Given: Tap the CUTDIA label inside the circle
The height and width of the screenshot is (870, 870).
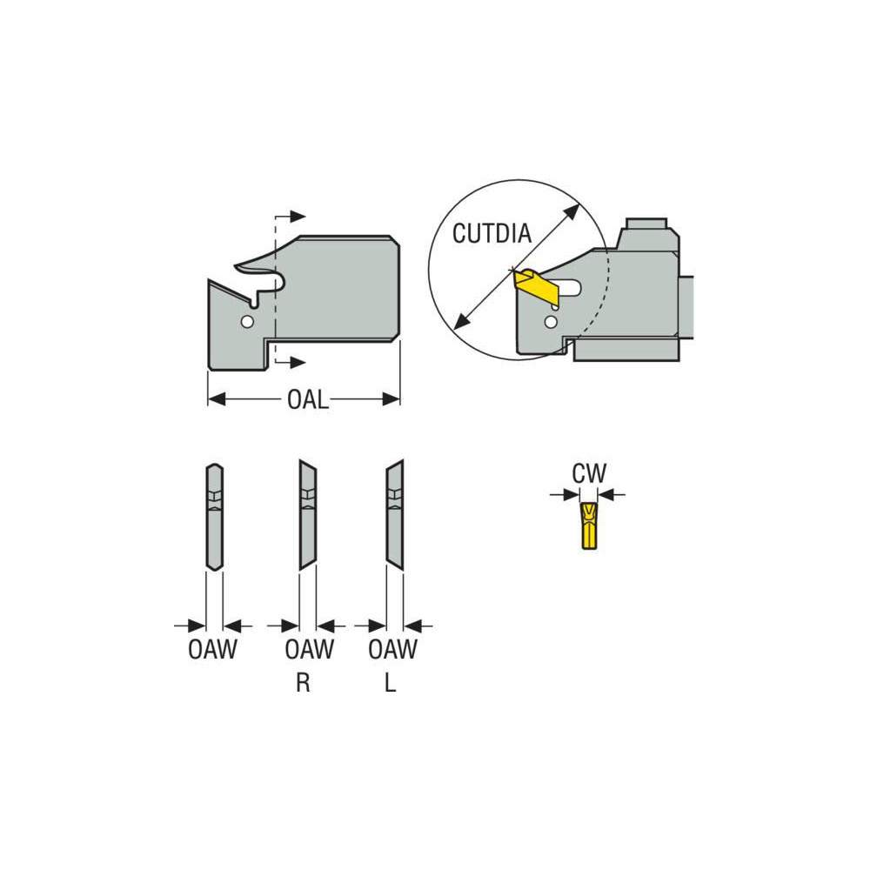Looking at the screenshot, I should coord(492,232).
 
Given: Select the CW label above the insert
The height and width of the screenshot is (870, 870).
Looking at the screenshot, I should coord(589,474).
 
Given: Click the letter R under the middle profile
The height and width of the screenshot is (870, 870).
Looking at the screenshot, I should coord(303,683).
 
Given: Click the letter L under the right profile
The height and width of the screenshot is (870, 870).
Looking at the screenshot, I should coord(391,683).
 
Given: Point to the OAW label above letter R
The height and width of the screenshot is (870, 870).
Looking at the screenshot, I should coord(309,650).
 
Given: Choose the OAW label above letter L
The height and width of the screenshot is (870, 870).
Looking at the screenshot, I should coord(392,650).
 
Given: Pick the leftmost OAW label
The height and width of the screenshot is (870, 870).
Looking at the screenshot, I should coord(212,650).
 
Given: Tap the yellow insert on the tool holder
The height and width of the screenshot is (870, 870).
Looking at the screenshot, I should coord(538,286).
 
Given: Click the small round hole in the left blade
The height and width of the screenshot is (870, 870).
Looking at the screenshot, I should coord(248,322).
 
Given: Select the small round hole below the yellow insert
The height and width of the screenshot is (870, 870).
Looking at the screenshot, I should coord(549,323).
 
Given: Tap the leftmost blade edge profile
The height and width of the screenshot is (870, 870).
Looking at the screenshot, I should coord(214,517).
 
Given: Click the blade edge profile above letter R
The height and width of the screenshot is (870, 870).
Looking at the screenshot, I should coord(308,514).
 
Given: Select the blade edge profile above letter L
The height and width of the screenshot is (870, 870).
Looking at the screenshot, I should coord(395,514).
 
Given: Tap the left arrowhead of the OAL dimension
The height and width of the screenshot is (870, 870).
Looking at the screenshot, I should coord(215,400).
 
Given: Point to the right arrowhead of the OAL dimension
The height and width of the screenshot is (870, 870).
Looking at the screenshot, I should coord(393,400).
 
